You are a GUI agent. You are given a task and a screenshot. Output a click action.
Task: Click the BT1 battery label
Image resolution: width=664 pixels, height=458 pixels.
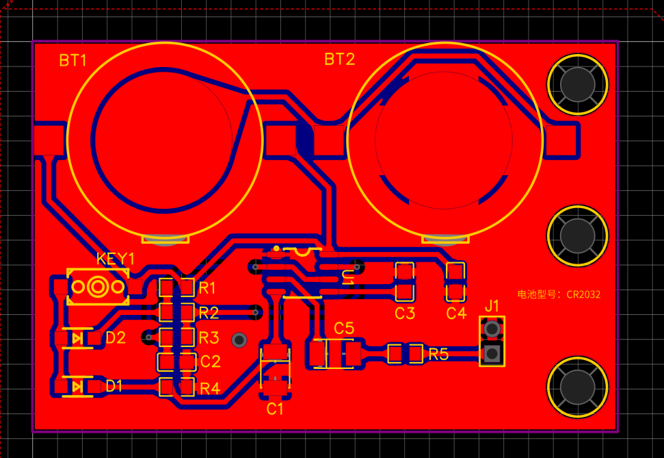pos(73,61)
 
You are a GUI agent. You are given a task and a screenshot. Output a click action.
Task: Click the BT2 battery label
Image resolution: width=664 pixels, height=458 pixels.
pos(340,60)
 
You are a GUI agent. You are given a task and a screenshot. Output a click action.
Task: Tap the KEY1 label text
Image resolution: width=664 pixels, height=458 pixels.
pos(115,259)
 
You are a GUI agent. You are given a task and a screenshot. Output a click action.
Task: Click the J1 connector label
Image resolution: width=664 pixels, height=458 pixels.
pos(492,306)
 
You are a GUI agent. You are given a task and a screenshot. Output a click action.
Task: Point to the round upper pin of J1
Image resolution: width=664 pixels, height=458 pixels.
pos(492,329)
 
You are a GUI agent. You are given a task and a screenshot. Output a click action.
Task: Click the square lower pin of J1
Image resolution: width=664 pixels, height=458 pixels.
pos(492,353)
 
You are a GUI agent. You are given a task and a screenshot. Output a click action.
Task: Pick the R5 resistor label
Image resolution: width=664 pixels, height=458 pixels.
pos(438,355)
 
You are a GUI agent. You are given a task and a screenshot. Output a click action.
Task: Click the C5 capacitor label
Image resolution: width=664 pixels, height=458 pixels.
pos(344,328)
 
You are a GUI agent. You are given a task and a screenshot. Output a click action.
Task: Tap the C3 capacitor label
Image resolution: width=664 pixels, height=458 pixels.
pos(405,314)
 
